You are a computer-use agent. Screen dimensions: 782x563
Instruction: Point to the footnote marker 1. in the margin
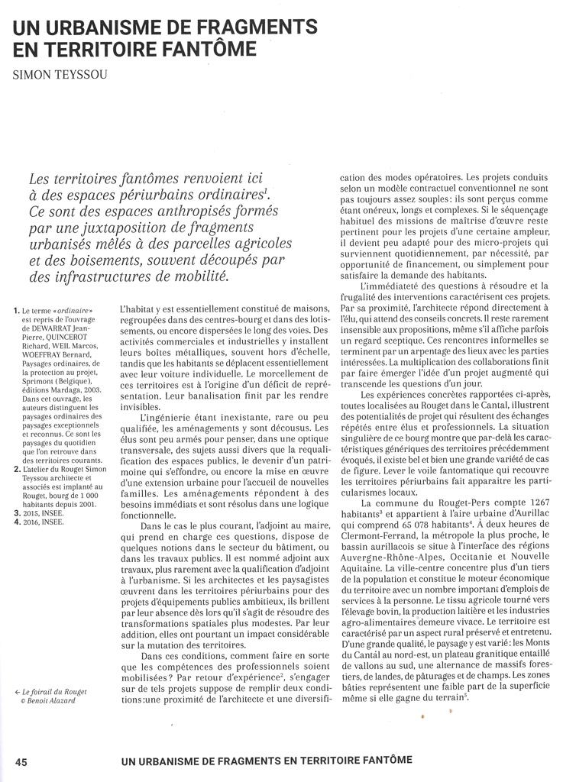18,310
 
